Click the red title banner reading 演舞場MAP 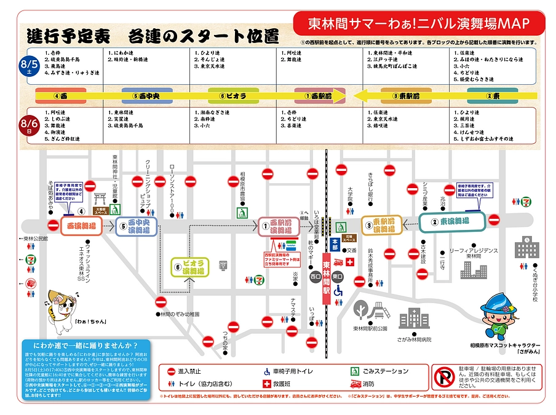418,24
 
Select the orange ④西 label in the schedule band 60,96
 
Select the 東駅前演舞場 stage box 381,225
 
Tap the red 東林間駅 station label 327,277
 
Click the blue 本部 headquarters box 335,243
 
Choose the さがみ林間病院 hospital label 414,339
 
